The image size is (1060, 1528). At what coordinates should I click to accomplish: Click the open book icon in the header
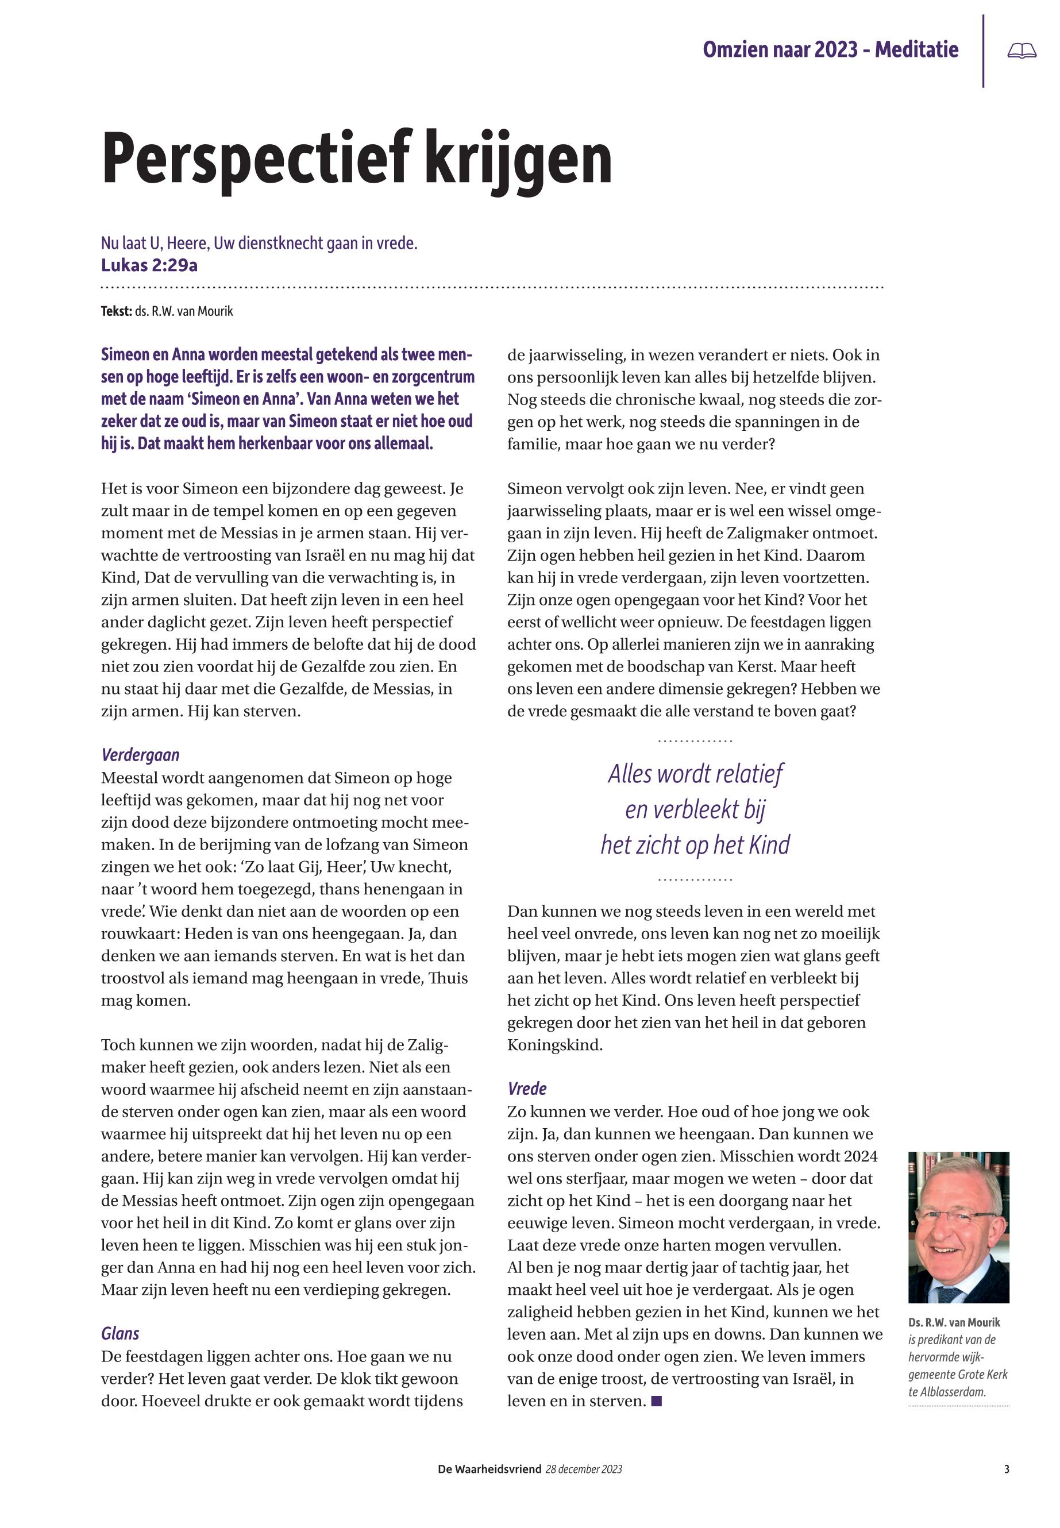click(1022, 51)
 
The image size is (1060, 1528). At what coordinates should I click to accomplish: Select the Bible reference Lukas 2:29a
click(149, 265)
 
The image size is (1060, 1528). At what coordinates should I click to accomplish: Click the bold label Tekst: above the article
click(116, 311)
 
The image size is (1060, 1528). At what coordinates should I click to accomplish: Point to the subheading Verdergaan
click(140, 755)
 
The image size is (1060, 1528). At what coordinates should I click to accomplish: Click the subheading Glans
click(120, 1333)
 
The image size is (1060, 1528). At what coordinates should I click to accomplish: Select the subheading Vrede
click(527, 1089)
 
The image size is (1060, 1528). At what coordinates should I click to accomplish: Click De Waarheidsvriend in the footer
click(489, 1469)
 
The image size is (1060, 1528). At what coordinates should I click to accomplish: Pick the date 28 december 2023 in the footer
click(584, 1469)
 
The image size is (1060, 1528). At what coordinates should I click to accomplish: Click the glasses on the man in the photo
click(959, 1217)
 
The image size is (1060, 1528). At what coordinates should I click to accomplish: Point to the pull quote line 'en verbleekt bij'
click(695, 809)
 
